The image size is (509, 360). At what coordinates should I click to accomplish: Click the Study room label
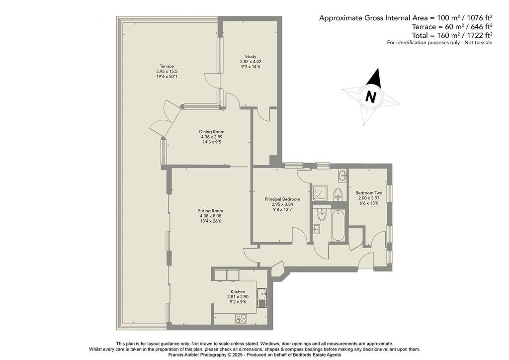[251, 56]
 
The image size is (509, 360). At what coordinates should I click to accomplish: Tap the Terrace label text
[167, 66]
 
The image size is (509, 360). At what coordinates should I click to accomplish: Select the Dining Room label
[212, 132]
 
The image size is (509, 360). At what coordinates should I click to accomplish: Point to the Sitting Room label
[211, 211]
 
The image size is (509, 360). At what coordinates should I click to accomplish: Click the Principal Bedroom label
[282, 199]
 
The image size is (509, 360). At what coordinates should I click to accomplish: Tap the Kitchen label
[238, 291]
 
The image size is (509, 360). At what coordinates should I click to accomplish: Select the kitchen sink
[261, 298]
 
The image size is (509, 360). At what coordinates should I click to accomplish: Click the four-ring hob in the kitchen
[241, 318]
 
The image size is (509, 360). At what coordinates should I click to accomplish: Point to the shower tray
[320, 192]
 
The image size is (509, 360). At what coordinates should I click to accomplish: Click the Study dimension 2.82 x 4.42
[251, 61]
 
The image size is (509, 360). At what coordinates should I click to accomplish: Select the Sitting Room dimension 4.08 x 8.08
[211, 216]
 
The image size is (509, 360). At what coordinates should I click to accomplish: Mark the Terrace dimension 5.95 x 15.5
[167, 72]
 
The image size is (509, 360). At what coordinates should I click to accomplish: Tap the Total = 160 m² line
[452, 35]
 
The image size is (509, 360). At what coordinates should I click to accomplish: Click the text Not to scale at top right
[479, 43]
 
